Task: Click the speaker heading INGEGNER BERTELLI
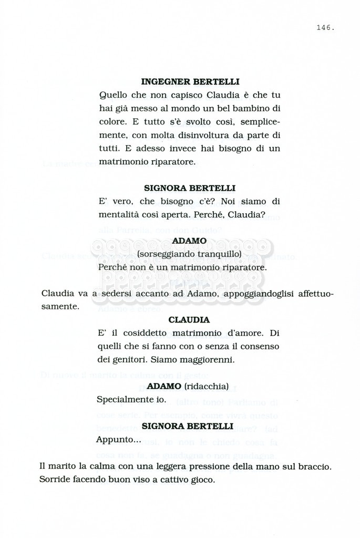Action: click(190, 82)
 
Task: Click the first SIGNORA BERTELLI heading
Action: click(190, 188)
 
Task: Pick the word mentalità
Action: click(118, 214)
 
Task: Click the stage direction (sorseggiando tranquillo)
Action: click(189, 254)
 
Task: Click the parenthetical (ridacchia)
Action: click(206, 387)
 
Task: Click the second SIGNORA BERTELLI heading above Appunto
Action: click(188, 426)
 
